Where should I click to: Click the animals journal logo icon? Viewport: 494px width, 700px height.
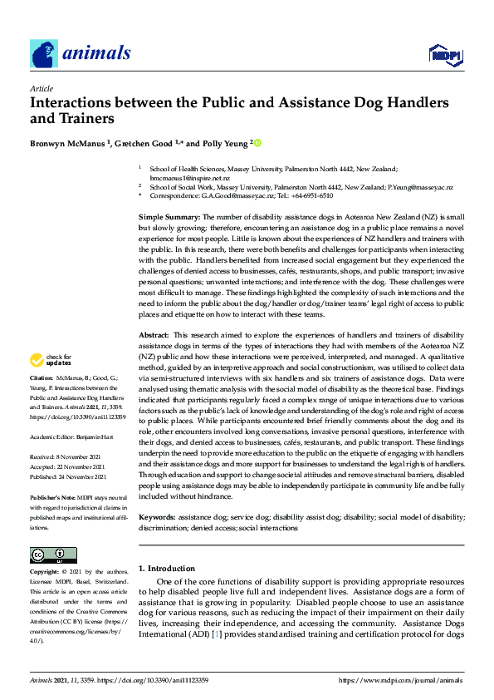pyautogui.click(x=44, y=54)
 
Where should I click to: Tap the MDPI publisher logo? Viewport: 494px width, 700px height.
pyautogui.click(x=444, y=55)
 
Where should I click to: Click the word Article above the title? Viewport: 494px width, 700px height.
pyautogui.click(x=41, y=88)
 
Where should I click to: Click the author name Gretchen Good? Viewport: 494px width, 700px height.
pyautogui.click(x=144, y=143)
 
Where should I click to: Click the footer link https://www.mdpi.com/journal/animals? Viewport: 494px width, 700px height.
pyautogui.click(x=401, y=680)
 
